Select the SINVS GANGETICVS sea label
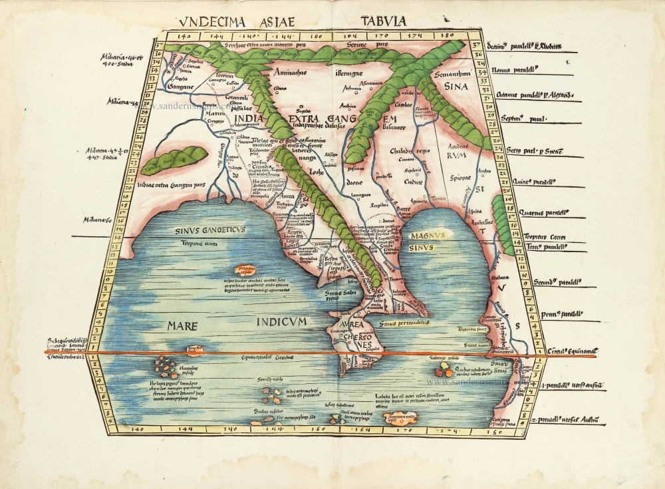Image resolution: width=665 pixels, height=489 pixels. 210,230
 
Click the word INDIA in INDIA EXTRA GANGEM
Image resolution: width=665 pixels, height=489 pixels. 253,120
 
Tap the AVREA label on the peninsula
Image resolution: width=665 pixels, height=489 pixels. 352,324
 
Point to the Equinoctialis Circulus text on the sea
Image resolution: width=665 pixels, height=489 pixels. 267,357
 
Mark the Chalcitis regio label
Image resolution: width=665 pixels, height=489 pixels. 404,150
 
